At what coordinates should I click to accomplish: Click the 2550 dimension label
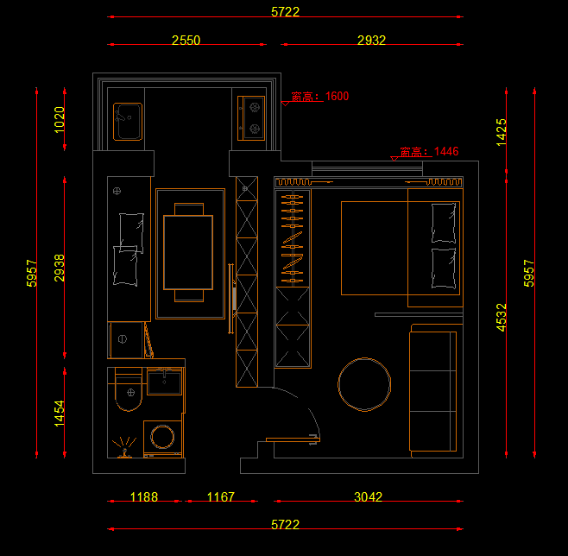186,41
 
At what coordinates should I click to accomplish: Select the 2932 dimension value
371,41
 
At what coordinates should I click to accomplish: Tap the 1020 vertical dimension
59,120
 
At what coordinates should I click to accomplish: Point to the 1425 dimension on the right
501,132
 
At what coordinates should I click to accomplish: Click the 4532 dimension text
501,318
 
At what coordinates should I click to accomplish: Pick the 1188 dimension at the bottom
144,497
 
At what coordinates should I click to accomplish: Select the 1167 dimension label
221,497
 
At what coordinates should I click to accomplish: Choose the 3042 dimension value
368,497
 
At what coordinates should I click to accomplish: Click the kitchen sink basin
128,122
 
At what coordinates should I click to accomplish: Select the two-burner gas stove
251,118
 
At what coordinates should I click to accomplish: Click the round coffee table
364,384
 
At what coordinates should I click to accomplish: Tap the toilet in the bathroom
129,389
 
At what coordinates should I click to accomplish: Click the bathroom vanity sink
165,382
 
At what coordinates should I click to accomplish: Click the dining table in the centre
188,252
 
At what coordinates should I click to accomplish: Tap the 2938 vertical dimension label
59,268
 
